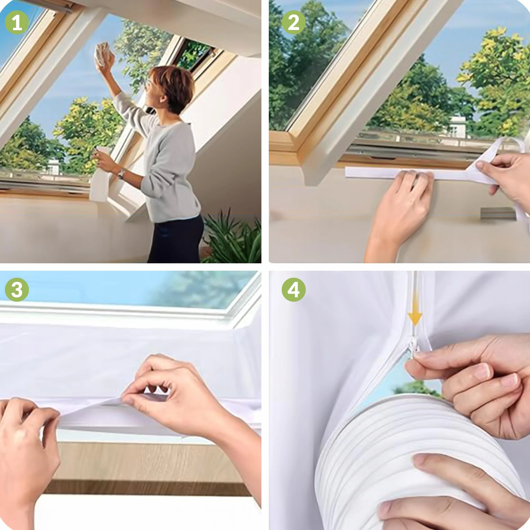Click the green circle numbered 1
point(17,22)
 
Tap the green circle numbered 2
point(294,22)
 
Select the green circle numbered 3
point(17,290)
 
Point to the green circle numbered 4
point(294,290)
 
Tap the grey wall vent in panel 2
point(498,213)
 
